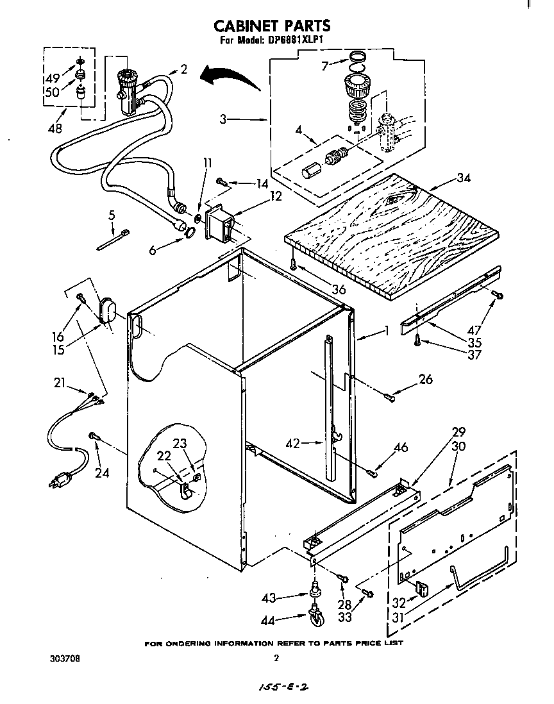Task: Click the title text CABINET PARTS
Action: (271, 26)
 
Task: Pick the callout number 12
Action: (275, 196)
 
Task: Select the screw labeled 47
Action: (498, 296)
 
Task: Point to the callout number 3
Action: (222, 119)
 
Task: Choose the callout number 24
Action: (102, 473)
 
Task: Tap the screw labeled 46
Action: (371, 473)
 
